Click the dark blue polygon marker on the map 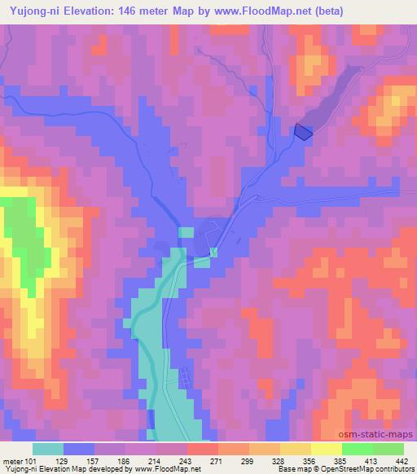pyautogui.click(x=302, y=130)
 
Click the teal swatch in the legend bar pyautogui.click(x=48, y=449)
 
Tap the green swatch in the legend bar pyautogui.click(x=357, y=449)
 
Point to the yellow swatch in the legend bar pyautogui.click(x=326, y=449)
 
